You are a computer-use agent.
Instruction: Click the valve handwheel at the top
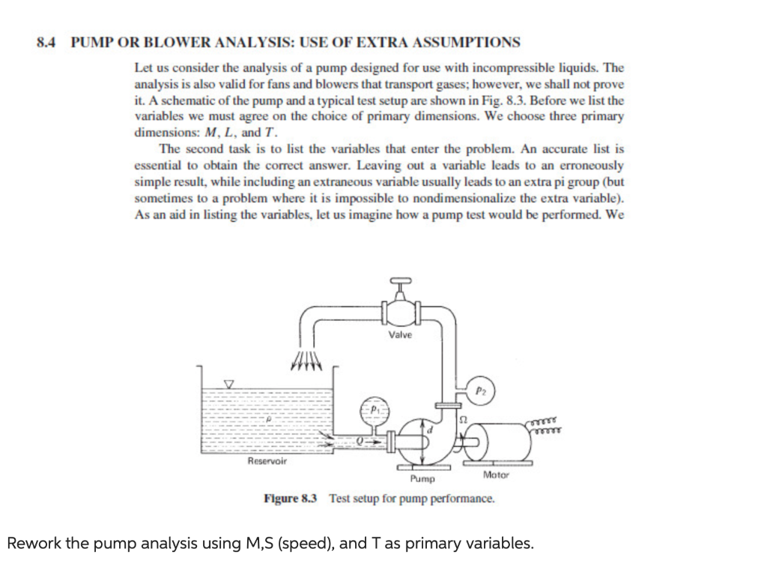point(400,280)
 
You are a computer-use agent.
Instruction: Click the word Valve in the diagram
point(400,335)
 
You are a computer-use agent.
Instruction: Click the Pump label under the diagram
point(422,478)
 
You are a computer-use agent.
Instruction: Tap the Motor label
point(496,474)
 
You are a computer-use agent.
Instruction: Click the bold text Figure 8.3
point(291,498)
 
